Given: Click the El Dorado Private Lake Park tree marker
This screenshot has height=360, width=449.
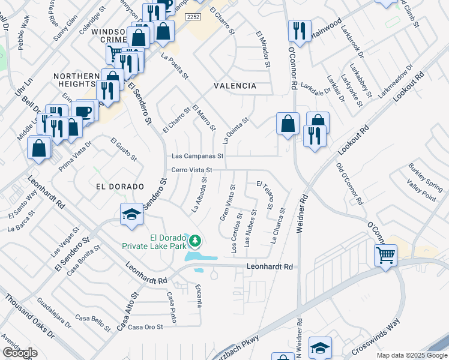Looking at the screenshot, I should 194,241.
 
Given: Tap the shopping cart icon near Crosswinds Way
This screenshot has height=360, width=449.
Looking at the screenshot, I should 385,256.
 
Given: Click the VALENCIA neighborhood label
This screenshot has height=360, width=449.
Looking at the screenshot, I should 235,86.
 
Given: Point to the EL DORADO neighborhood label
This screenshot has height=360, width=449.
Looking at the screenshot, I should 120,187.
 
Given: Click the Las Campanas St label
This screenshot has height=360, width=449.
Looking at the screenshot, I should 197,155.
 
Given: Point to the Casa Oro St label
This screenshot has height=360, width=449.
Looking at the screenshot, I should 146,326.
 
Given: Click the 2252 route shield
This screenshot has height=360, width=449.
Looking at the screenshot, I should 193,17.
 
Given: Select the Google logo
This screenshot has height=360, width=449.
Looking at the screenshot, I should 20,353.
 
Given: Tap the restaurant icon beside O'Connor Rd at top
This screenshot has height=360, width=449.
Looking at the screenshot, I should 298,31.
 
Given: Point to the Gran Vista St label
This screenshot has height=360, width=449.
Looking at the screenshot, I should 226,203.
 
